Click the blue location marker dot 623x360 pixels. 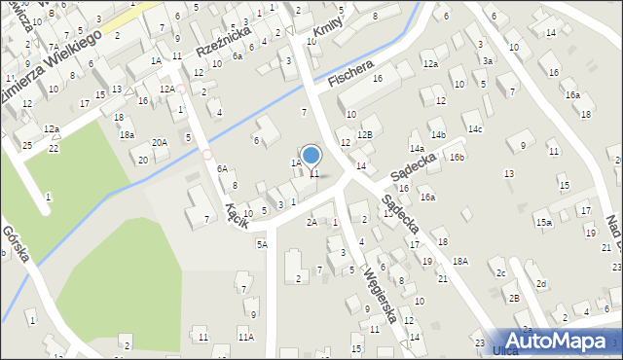tap(311, 155)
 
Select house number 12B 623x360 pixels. tap(364, 135)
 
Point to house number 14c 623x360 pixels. tap(474, 128)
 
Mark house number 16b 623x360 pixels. tap(457, 157)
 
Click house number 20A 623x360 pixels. tap(159, 142)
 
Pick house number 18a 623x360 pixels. tap(127, 135)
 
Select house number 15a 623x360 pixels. tap(543, 222)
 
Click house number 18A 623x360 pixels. tap(460, 261)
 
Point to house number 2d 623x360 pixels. tap(541, 283)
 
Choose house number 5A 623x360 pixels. tap(262, 244)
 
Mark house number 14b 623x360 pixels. tap(438, 134)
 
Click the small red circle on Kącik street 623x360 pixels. tap(206, 155)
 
